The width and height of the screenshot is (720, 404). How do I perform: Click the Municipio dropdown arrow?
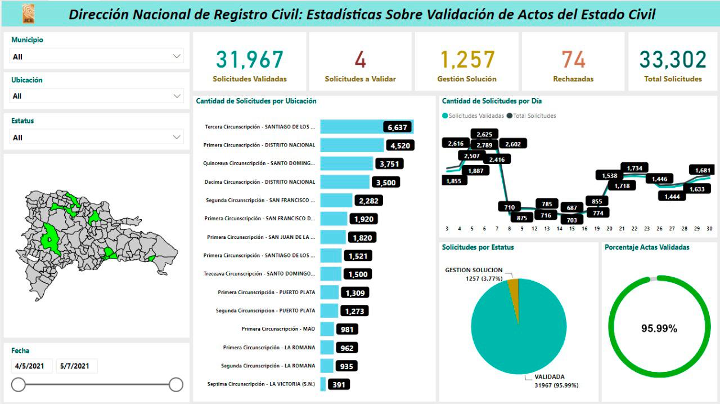[x=177, y=56]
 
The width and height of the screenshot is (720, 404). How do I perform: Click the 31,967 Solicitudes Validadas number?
[x=250, y=60]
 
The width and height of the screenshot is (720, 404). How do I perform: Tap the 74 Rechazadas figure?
[x=573, y=60]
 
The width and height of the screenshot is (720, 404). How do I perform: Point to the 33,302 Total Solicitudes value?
[x=673, y=60]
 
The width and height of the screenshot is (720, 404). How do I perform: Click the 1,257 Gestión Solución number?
[x=467, y=60]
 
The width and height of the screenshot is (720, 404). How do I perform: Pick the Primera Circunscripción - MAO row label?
[x=278, y=328]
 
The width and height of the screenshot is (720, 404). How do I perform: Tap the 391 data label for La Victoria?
[x=339, y=384]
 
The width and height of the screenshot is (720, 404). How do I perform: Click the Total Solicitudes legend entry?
[x=531, y=116]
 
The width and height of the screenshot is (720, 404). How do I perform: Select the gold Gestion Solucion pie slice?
[x=513, y=286]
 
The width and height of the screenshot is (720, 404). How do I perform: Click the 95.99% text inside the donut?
[x=659, y=328]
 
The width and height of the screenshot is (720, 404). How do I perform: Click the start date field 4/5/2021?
[x=31, y=366]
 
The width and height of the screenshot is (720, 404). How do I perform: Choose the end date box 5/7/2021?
[x=76, y=366]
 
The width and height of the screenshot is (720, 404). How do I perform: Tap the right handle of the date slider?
[x=176, y=384]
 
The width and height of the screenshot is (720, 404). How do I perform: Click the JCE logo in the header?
[x=28, y=14]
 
